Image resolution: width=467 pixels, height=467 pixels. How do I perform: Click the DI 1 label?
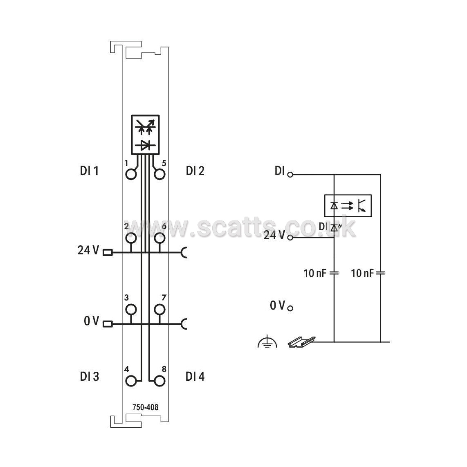point(89,171)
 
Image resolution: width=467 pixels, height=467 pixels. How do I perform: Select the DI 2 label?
point(195,171)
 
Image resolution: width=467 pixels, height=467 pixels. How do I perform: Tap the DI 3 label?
point(89,377)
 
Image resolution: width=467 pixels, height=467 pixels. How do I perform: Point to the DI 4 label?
point(195,377)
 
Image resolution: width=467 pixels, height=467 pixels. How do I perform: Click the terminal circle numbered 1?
point(131,174)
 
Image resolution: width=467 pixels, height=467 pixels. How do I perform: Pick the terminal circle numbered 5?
point(159,174)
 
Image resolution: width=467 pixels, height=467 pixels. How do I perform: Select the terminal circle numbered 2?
point(131,238)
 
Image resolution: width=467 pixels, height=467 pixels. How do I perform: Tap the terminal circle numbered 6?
point(159,238)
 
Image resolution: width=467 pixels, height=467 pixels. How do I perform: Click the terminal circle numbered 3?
point(131,310)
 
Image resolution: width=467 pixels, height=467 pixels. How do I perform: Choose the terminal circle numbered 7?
point(159,310)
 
